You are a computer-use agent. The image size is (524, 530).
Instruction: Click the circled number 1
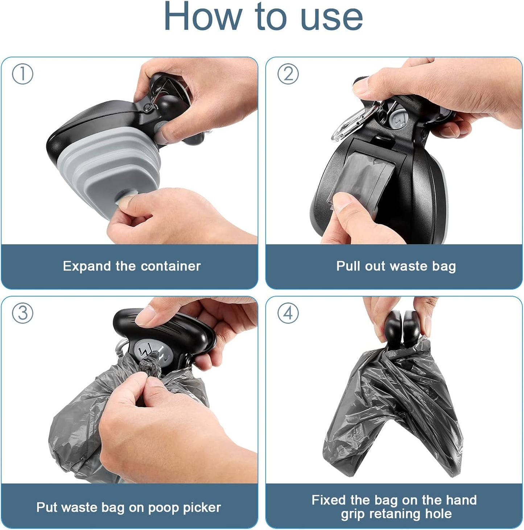point(22,74)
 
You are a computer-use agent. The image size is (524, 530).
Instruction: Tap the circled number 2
point(288,74)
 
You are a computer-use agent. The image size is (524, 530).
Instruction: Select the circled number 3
point(22,313)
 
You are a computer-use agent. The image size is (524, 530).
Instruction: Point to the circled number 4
point(288,313)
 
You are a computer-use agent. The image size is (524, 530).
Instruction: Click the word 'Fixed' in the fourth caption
point(329,500)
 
